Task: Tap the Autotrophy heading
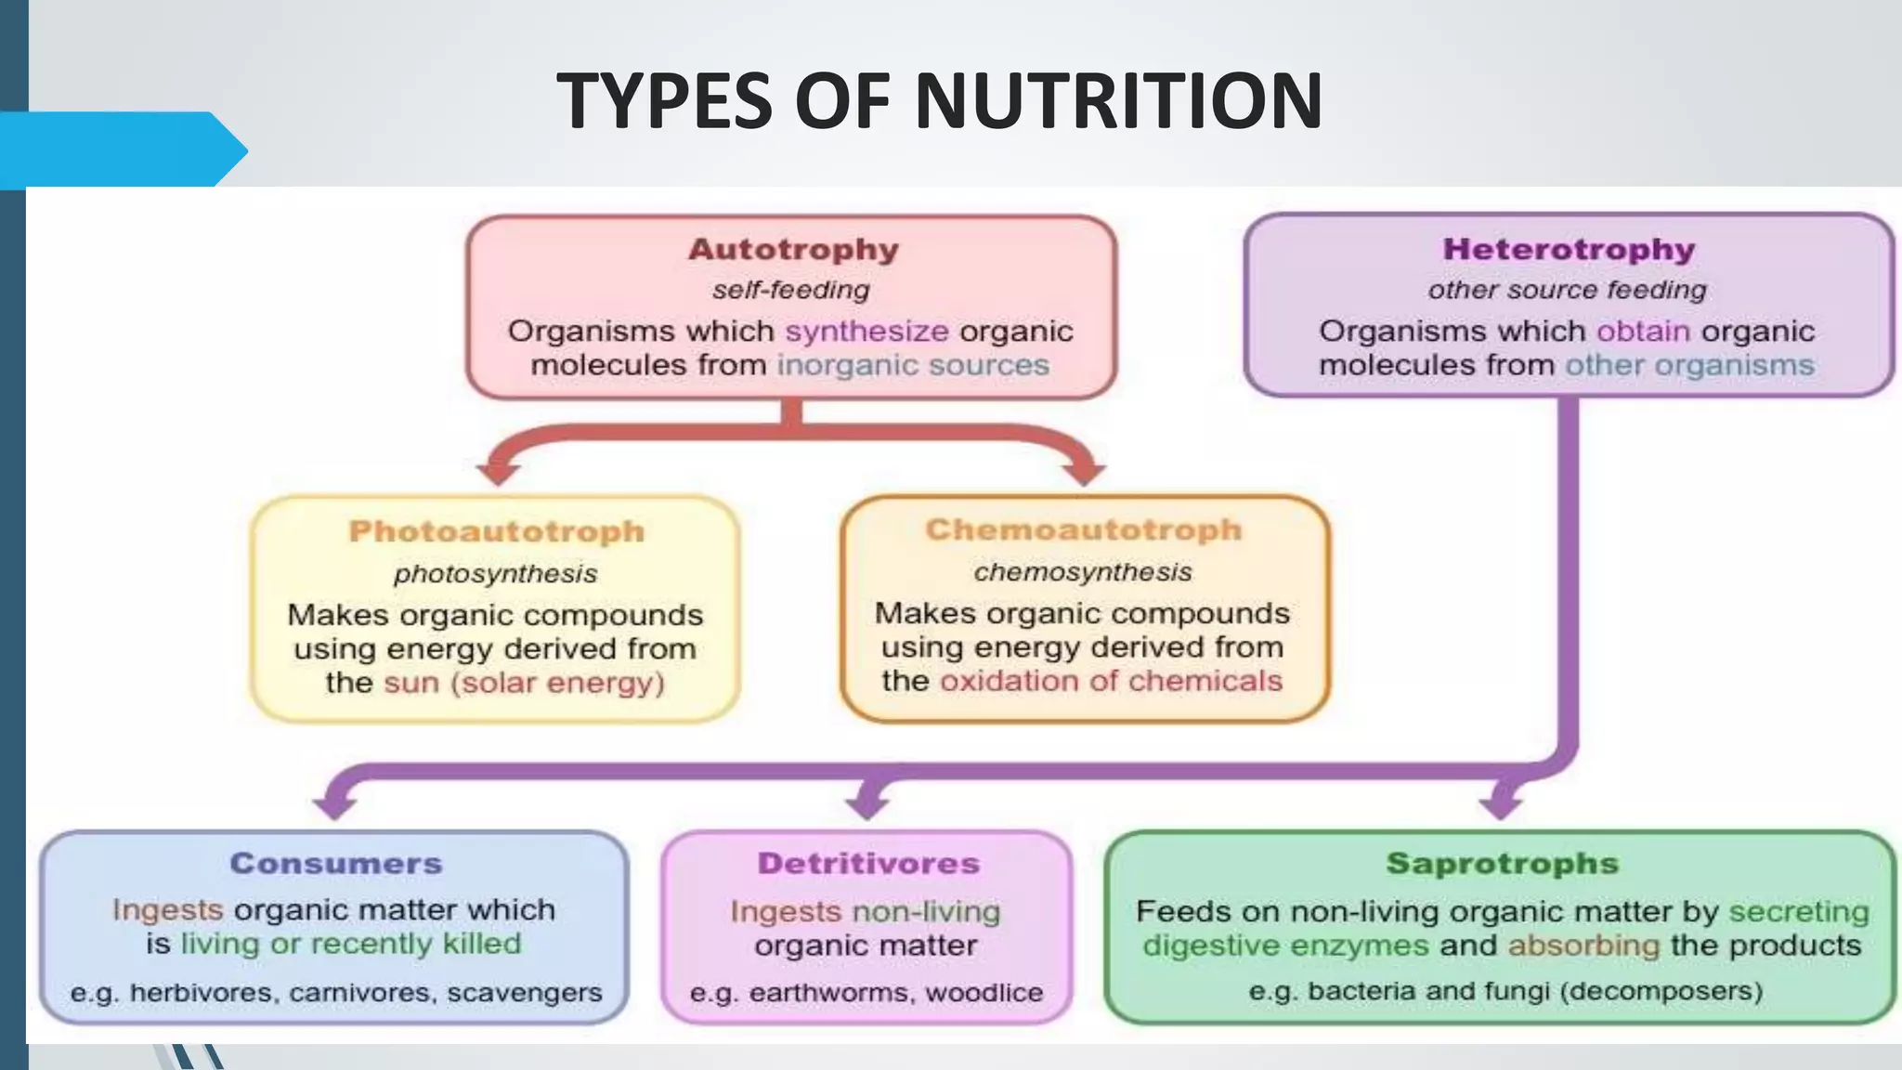click(793, 249)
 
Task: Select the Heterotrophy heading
click(1569, 249)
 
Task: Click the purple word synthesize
click(866, 331)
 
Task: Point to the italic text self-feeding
click(791, 290)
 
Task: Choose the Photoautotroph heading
click(496, 531)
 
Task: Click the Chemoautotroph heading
click(1083, 529)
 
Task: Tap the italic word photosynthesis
click(495, 574)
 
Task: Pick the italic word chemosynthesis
click(1083, 572)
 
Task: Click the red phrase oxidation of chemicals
click(1111, 681)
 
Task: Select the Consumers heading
click(336, 863)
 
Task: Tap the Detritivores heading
click(868, 863)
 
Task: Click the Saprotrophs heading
click(1502, 863)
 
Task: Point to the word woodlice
click(984, 993)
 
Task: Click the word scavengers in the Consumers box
click(524, 993)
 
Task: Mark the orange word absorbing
click(1583, 946)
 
